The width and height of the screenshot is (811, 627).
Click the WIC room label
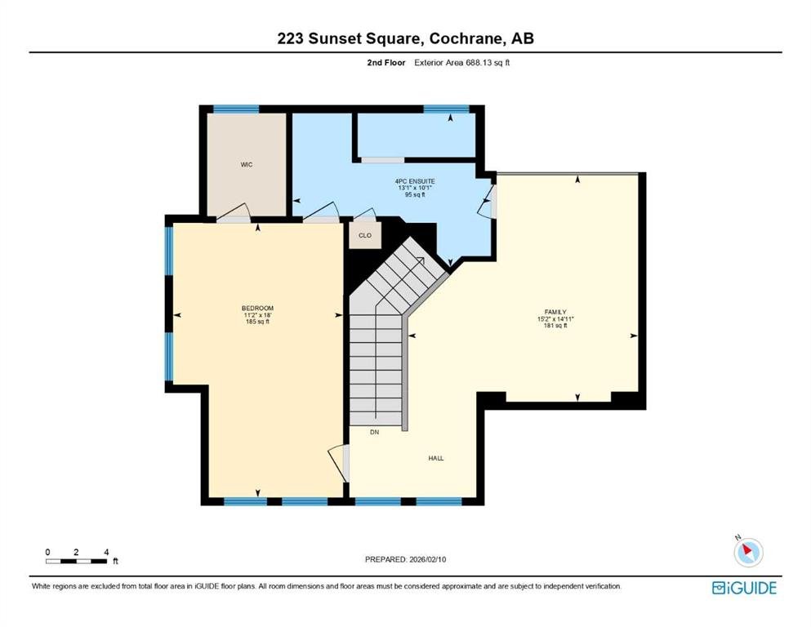[x=247, y=165]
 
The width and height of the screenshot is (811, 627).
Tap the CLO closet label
[x=365, y=235]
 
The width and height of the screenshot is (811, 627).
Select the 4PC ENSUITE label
[x=415, y=181]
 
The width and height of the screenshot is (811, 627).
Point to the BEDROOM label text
[x=257, y=309]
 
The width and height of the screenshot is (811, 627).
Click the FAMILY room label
[x=555, y=312]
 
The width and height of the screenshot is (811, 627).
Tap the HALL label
[x=436, y=459]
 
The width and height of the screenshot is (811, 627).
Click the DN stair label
[x=375, y=432]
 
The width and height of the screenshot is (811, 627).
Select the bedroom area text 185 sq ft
[x=257, y=322]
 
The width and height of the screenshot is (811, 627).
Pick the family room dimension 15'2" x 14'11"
[x=555, y=319]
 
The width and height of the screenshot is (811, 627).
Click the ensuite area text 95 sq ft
[x=415, y=195]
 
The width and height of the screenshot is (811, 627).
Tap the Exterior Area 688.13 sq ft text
[x=462, y=63]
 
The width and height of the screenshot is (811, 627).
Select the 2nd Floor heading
[x=386, y=63]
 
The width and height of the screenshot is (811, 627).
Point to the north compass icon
[x=748, y=552]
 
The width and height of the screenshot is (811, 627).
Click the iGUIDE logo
[x=744, y=588]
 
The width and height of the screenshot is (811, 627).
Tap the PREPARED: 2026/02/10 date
[x=405, y=559]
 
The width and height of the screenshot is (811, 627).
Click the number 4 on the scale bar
[x=106, y=552]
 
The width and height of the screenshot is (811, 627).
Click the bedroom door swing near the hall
[x=338, y=464]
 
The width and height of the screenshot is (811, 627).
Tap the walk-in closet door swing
[x=234, y=213]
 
